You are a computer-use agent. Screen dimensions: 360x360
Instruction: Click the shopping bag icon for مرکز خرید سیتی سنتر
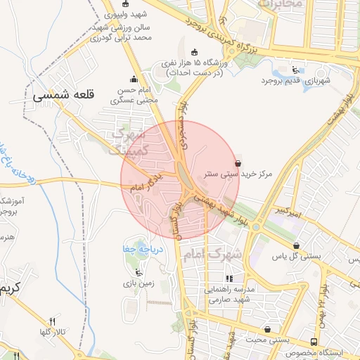click(238, 163)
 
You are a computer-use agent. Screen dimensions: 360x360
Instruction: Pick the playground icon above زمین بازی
click(138, 272)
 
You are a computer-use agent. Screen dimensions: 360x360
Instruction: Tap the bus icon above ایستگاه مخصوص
click(314, 342)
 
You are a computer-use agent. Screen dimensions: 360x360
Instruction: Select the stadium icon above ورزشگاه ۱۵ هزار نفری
click(195, 51)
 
